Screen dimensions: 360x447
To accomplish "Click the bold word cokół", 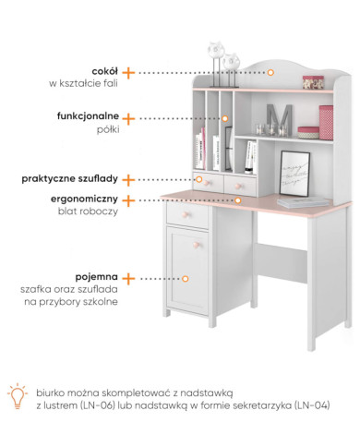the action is coord(104,71).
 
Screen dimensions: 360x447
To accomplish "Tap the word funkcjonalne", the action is coord(88,116).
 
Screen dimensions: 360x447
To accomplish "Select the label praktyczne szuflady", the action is coord(69,179).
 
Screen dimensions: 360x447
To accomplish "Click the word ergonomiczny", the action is coord(84,199).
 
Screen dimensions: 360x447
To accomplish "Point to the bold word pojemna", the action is coord(97,277).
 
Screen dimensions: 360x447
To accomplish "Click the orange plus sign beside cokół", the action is coord(128,73).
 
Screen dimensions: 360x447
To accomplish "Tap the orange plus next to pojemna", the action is coord(128,278).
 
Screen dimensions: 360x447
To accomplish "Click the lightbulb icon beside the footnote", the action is coord(18,396).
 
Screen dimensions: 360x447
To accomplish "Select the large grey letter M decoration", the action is coord(279,119).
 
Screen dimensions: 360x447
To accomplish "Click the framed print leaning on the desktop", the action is coord(294,174).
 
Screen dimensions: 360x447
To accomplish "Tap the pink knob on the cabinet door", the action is coord(197,245).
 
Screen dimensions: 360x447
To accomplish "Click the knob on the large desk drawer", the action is coord(186,214).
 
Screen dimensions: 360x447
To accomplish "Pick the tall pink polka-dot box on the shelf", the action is coord(326,122).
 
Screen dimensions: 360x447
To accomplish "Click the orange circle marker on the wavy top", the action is coord(270,73).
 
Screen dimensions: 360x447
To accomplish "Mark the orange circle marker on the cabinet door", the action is coord(185,279).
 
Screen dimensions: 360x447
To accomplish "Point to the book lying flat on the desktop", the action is coord(304,202).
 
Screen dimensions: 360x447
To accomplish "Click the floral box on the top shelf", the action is coord(313,82).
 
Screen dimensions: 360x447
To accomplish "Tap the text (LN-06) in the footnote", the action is coord(97,405).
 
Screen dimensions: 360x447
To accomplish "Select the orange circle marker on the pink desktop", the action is coord(237,200).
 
